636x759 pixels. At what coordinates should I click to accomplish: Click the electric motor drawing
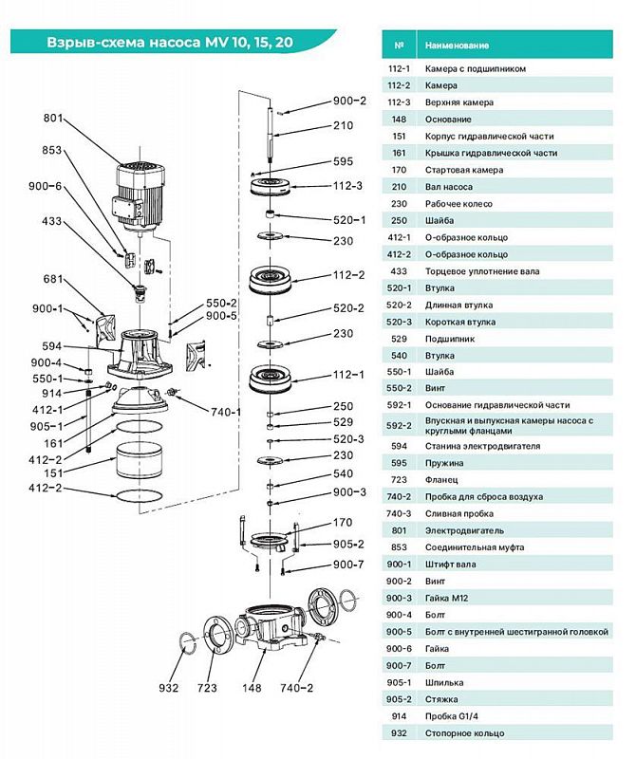(x=140, y=195)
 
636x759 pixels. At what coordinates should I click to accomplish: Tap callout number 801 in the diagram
(x=53, y=118)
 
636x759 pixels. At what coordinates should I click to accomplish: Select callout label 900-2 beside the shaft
(x=349, y=101)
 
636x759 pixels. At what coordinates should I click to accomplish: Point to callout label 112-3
(x=347, y=186)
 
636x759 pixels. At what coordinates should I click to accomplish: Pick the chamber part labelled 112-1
(x=270, y=378)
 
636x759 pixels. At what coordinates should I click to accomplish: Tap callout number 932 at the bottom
(x=168, y=688)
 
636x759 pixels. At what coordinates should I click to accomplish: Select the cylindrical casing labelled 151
(x=139, y=460)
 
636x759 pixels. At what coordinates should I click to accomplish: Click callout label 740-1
(x=226, y=412)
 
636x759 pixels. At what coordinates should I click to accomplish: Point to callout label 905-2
(x=348, y=544)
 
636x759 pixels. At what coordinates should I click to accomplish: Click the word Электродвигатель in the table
(x=464, y=530)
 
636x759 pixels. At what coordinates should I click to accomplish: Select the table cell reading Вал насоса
(x=449, y=187)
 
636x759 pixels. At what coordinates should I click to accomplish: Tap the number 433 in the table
(x=399, y=271)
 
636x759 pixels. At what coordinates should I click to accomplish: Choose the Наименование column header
(x=457, y=46)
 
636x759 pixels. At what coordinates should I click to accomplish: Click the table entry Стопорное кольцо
(x=464, y=733)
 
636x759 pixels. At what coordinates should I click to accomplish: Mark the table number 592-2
(x=399, y=425)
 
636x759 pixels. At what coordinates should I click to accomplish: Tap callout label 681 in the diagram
(x=53, y=279)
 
